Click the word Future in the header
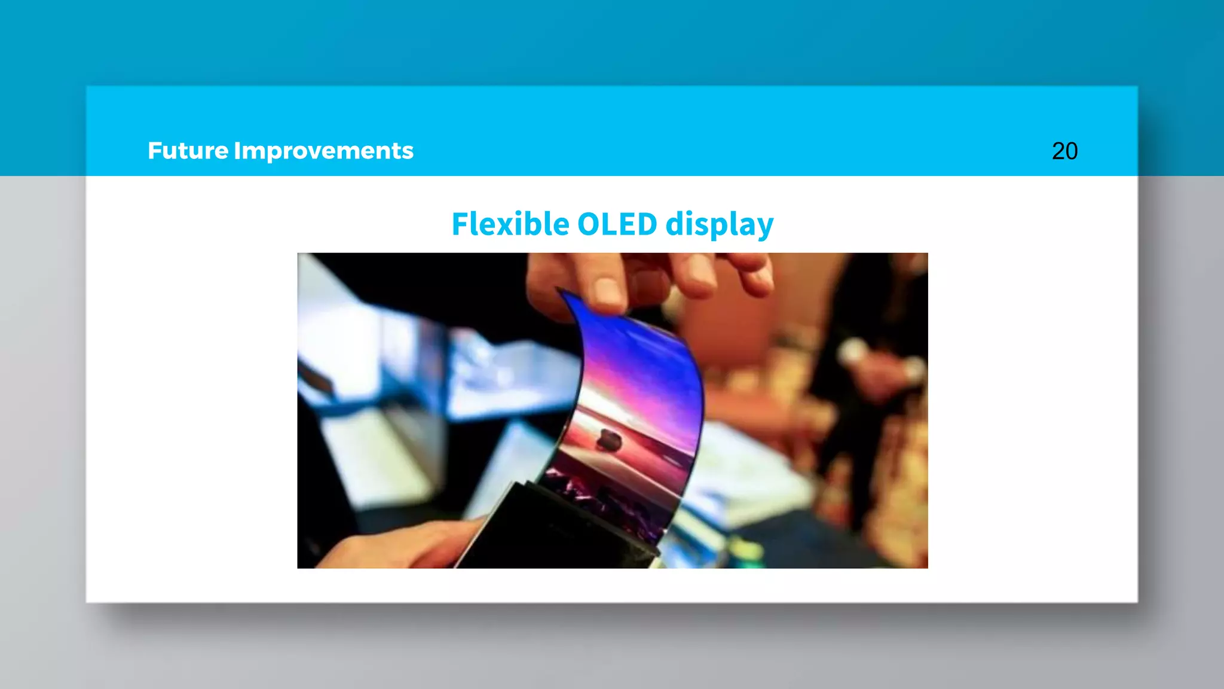click(x=188, y=151)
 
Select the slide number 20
click(x=1064, y=151)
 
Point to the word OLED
click(x=617, y=224)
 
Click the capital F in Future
click(x=155, y=151)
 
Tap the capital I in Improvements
click(x=237, y=151)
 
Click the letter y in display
click(x=765, y=228)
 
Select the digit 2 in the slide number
click(x=1058, y=151)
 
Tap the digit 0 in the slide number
click(x=1072, y=151)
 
